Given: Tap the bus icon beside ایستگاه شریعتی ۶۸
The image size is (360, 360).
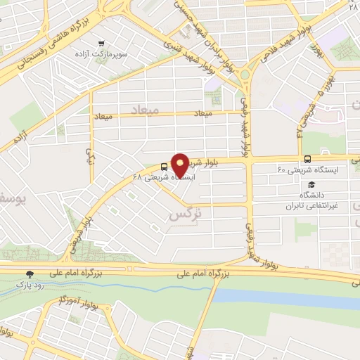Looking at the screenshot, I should (x=164, y=167).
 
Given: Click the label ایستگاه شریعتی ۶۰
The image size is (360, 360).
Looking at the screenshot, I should (x=309, y=170).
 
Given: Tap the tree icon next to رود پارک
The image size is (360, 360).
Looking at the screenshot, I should (x=30, y=274).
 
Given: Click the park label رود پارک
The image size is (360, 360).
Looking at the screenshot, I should (x=30, y=285).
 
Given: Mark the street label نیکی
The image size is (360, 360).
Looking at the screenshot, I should (x=89, y=151).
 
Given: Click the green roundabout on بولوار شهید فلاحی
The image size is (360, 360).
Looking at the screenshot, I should (x=245, y=73).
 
